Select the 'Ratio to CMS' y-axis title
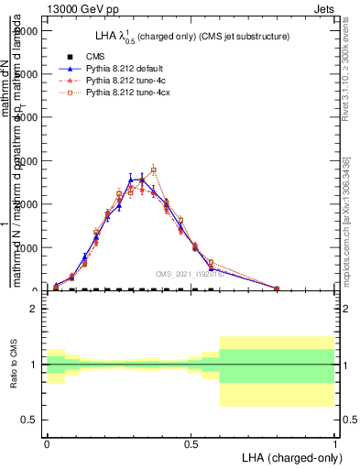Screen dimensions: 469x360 coord(14,365)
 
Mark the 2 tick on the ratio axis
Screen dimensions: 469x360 coord(33,309)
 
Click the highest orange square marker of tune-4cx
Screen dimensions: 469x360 coord(154,170)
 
